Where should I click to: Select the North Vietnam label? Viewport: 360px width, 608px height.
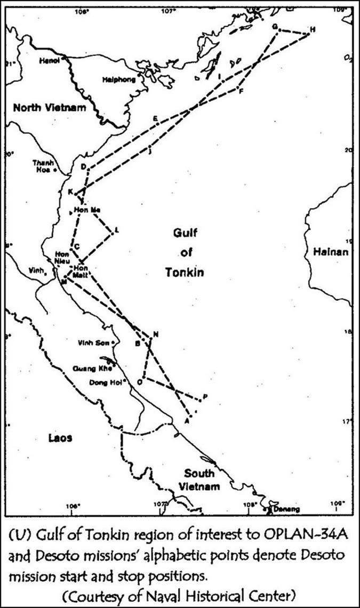tap(49, 108)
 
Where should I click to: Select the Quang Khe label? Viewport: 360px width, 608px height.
tap(91, 368)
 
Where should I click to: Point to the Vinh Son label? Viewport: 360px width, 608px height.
tap(93, 342)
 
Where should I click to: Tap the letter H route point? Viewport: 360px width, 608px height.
tap(313, 29)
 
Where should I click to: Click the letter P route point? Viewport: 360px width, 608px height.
tap(205, 396)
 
